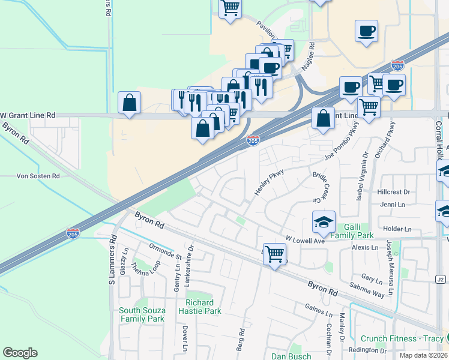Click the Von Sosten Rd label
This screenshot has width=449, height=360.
[38, 176]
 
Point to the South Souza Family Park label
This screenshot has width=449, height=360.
[142, 314]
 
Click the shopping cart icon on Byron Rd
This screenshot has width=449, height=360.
[274, 254]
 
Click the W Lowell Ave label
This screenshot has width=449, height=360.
[305, 239]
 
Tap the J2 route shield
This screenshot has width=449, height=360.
[441, 280]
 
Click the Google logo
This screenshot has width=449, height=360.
[20, 353]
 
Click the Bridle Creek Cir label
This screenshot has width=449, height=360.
[322, 187]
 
